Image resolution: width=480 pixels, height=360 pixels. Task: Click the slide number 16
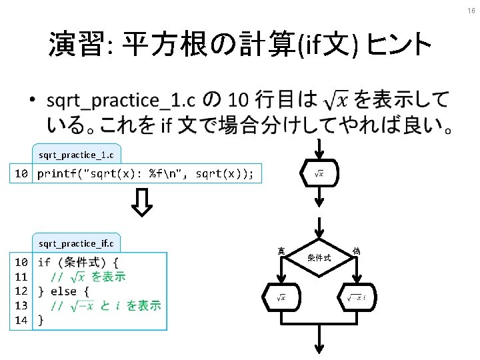click(471, 11)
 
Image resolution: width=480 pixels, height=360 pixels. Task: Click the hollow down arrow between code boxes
click(141, 203)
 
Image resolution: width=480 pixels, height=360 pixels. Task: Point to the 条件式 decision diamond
click(319, 257)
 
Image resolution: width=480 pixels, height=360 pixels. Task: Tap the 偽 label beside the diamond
click(357, 251)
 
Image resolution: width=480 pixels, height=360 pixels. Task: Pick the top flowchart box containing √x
click(319, 173)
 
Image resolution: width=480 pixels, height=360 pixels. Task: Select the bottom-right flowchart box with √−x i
click(357, 297)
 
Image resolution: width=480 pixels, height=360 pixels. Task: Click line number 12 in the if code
click(21, 291)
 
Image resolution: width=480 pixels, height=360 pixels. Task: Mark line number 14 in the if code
click(21, 321)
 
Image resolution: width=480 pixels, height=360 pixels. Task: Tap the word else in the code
click(63, 291)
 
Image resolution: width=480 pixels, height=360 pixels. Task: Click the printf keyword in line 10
click(56, 175)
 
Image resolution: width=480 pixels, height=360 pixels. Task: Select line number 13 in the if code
click(21, 306)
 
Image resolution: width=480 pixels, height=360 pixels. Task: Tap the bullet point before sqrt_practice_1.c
click(32, 102)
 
